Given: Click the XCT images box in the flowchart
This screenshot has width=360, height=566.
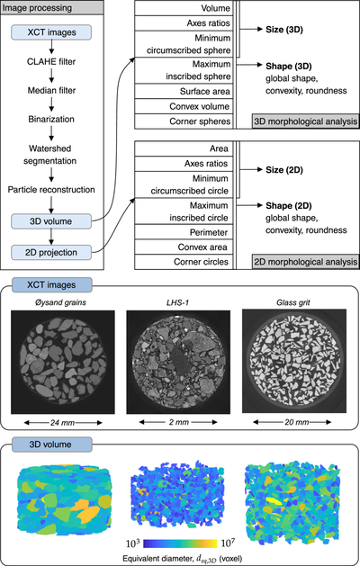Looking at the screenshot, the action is (x=51, y=32).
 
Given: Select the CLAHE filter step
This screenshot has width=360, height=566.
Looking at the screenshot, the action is (x=51, y=62).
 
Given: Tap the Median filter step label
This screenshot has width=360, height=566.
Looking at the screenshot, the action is (x=51, y=90).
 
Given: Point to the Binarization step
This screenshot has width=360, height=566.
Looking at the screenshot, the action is (x=51, y=119).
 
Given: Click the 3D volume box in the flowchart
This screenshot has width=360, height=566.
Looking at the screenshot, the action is (x=51, y=221).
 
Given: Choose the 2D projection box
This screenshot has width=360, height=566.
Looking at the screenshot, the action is (x=51, y=252).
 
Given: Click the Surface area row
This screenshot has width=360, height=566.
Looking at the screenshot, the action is (x=184, y=91).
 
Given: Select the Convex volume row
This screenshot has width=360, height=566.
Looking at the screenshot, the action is (x=184, y=106).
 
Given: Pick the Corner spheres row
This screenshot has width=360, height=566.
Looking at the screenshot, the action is (x=184, y=121).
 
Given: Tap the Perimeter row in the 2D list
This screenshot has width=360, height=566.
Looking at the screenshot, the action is (x=184, y=232).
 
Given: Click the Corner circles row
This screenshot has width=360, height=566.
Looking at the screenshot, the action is (x=184, y=262).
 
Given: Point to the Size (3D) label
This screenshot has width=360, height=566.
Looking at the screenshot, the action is (x=284, y=30).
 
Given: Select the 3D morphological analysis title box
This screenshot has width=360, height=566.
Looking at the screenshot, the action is (x=305, y=121).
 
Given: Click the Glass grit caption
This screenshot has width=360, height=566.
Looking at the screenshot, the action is (x=293, y=302).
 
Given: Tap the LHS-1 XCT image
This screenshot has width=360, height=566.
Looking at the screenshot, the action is (x=178, y=362).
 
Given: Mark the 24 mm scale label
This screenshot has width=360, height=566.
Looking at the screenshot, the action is (x=62, y=422).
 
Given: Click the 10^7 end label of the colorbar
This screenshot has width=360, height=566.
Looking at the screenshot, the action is (x=229, y=543).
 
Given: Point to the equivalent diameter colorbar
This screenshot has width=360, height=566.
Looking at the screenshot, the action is (x=180, y=544).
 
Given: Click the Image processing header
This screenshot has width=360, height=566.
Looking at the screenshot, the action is (x=37, y=7).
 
